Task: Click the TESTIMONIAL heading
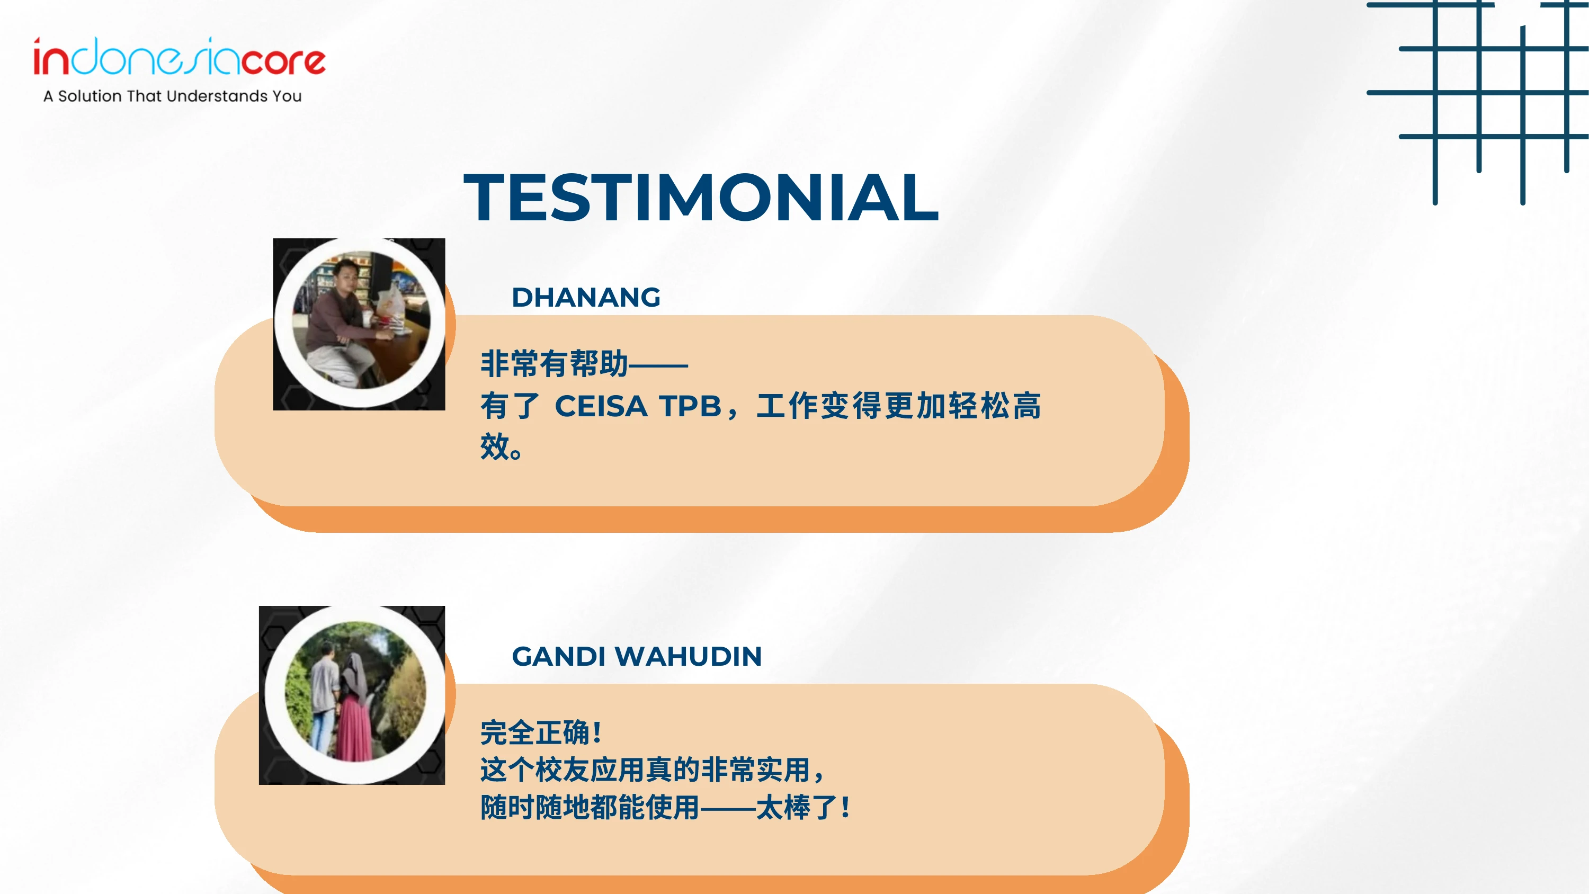[701, 198]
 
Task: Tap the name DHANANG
[586, 298]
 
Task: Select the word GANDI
[559, 656]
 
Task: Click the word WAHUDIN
[689, 656]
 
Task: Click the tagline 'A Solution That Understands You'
[173, 96]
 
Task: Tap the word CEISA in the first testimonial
[601, 407]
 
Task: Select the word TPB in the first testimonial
[690, 407]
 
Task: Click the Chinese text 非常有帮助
[554, 363]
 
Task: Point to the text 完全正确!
[540, 733]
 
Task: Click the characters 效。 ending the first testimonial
[502, 446]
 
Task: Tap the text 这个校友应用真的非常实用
[645, 770]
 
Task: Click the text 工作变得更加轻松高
[899, 407]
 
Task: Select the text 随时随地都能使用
[590, 808]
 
